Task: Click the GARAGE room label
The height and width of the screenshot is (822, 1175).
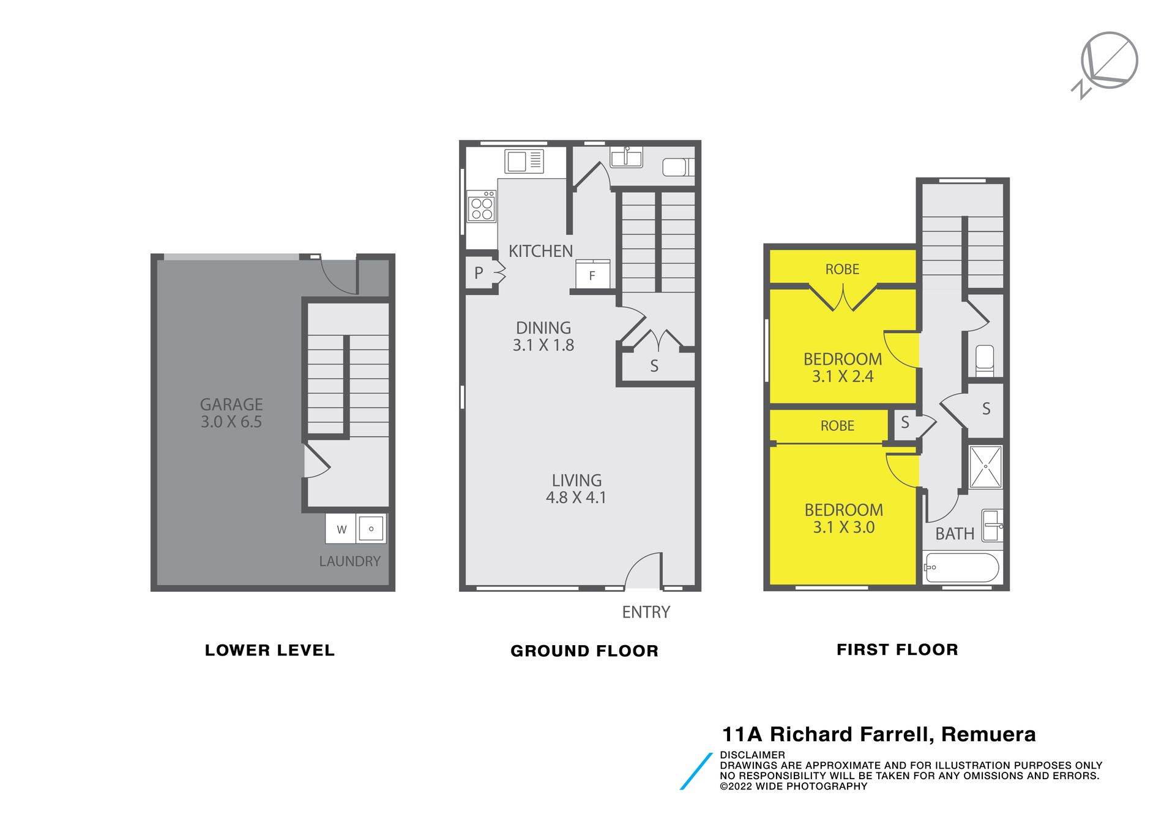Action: [231, 405]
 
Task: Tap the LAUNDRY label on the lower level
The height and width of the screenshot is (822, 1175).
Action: [350, 561]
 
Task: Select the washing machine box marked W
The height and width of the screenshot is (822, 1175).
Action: [341, 529]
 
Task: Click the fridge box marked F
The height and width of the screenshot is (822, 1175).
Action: [593, 274]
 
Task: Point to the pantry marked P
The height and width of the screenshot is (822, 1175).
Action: [479, 273]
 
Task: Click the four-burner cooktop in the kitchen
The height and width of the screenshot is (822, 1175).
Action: [482, 206]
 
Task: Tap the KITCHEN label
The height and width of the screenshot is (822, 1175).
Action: [541, 251]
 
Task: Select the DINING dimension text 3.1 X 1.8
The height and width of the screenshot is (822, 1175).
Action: [543, 345]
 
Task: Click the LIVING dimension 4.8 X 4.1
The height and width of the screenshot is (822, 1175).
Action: [576, 498]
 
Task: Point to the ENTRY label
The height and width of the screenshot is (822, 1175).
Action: [646, 612]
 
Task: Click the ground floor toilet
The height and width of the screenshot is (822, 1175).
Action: [679, 167]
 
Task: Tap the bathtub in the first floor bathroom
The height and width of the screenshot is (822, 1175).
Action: [961, 568]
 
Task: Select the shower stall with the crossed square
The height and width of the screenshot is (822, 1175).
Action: [986, 467]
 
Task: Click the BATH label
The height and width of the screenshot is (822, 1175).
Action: [955, 534]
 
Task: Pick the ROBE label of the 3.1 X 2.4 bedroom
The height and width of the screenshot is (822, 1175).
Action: [842, 269]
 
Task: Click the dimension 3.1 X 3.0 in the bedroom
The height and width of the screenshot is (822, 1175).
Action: [844, 528]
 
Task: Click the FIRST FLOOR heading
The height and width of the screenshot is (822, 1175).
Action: [897, 649]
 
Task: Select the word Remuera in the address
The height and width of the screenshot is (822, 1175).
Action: [988, 734]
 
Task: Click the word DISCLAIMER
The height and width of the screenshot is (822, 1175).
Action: [752, 755]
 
